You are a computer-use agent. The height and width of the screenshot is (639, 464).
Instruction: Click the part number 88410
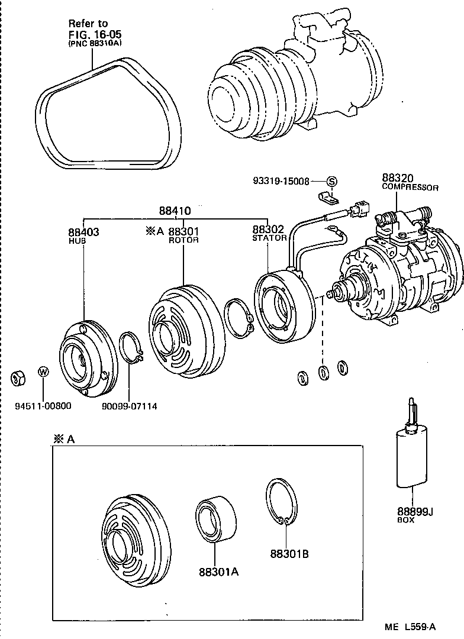tap(175, 211)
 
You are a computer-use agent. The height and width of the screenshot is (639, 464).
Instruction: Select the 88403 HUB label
tap(83, 235)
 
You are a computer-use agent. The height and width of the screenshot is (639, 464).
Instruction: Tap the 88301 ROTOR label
tap(183, 235)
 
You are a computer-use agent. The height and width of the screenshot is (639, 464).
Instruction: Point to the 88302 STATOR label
tap(269, 233)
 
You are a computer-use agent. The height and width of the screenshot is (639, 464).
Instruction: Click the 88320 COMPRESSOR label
tap(410, 182)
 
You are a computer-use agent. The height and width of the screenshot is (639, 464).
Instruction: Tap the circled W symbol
tap(43, 372)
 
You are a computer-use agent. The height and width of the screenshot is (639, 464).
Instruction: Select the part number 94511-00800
tap(43, 406)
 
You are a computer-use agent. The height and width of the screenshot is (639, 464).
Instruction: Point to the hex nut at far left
tap(18, 376)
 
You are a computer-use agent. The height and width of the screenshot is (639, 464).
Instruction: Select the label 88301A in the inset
tap(218, 572)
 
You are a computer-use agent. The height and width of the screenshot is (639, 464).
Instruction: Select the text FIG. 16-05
tap(91, 33)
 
